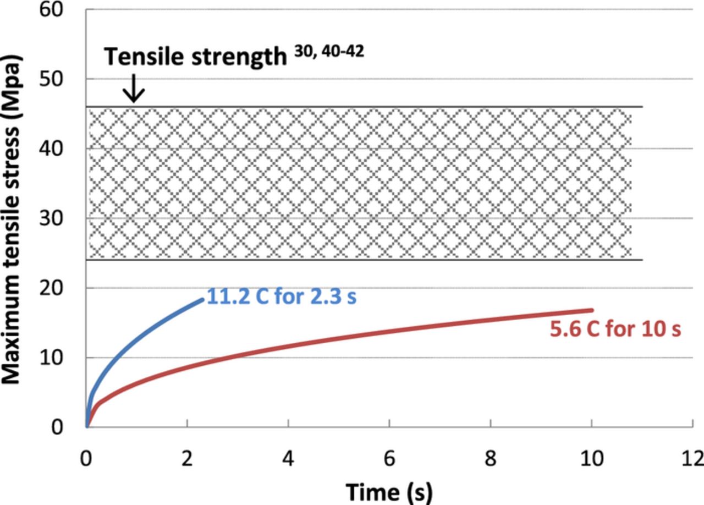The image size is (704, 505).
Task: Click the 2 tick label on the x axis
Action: coord(188,458)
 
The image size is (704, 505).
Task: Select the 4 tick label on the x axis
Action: coord(288,458)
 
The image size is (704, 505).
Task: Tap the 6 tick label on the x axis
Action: coord(389,458)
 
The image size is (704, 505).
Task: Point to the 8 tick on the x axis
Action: coord(491,458)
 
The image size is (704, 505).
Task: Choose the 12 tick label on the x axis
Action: coord(692,458)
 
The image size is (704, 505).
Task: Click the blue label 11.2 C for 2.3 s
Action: coord(282,297)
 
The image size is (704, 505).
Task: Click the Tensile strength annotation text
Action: coord(195,57)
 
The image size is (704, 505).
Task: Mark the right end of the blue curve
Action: coord(202,299)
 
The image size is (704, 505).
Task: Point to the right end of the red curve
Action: coord(591,310)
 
